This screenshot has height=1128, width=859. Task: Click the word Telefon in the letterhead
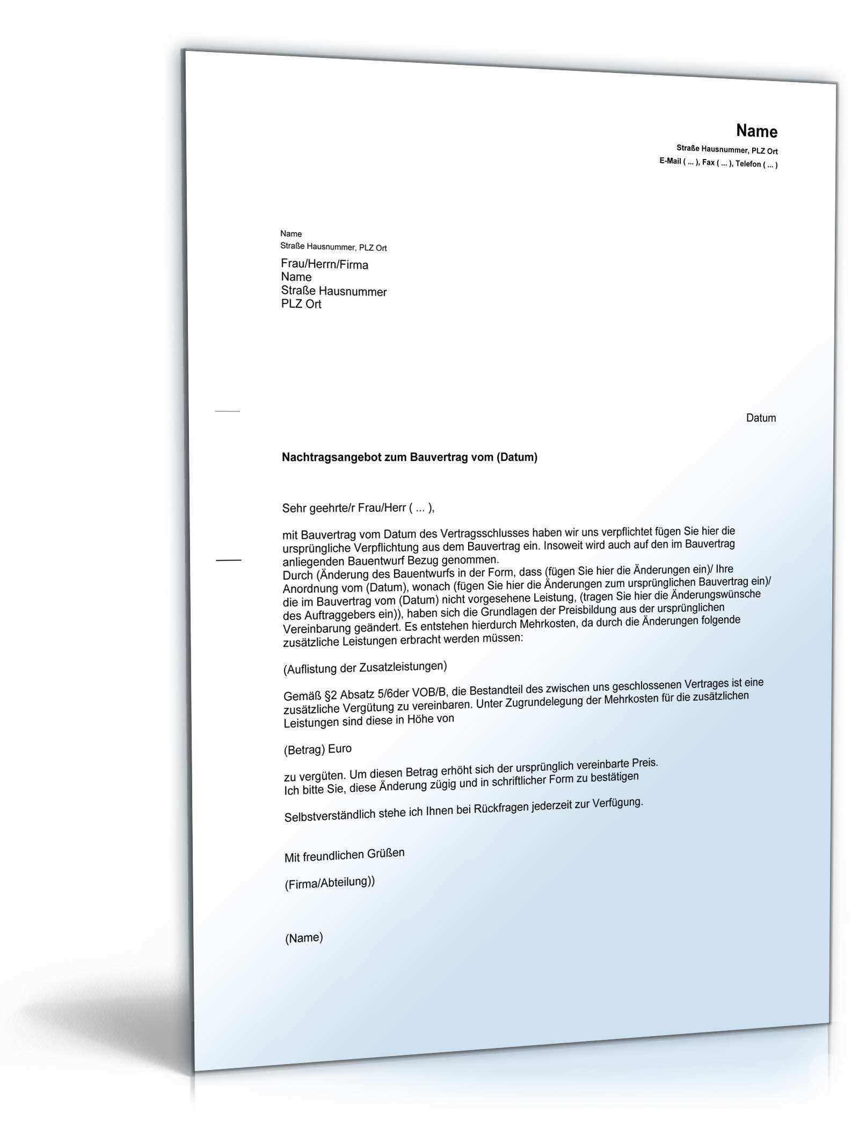point(747,164)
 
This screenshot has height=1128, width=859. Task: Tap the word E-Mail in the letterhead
point(670,161)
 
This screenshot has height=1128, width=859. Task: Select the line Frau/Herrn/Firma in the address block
point(324,264)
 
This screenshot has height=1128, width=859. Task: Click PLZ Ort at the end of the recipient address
point(301,304)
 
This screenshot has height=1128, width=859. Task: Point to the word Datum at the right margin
point(761,418)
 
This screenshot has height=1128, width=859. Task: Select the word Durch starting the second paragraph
point(297,575)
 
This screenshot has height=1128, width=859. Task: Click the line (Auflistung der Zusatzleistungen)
point(365,668)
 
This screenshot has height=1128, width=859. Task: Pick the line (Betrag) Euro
point(317,749)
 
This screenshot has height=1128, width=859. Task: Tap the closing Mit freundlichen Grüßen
point(344,855)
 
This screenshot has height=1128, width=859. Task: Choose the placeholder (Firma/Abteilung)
point(329,883)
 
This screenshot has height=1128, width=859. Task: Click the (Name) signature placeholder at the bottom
point(304,938)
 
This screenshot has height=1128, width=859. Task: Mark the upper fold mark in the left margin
point(227,411)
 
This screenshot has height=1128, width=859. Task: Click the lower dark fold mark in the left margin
point(229,560)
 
